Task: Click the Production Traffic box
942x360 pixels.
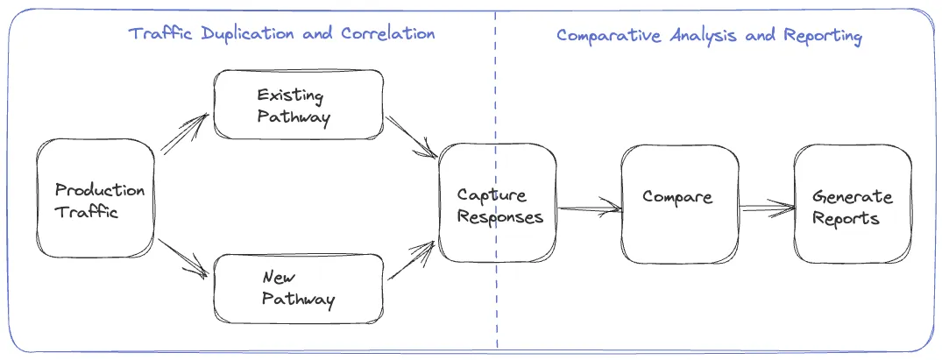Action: pyautogui.click(x=96, y=198)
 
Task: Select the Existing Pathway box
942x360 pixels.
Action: pyautogui.click(x=299, y=104)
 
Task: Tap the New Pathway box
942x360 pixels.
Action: pyautogui.click(x=299, y=288)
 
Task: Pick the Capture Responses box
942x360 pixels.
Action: pyautogui.click(x=498, y=202)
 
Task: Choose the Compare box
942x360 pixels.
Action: pyautogui.click(x=680, y=204)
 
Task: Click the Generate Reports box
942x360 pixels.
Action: pyautogui.click(x=853, y=204)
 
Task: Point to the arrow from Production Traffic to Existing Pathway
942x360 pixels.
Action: pyautogui.click(x=184, y=133)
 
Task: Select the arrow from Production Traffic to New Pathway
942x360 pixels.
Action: pyautogui.click(x=183, y=258)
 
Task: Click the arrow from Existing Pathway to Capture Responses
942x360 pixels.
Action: pyautogui.click(x=412, y=137)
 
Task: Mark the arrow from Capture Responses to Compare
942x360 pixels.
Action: pyautogui.click(x=590, y=208)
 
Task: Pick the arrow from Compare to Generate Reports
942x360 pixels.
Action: pyautogui.click(x=768, y=208)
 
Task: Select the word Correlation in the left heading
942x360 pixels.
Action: pyautogui.click(x=387, y=33)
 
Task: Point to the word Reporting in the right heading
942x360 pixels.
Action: pyautogui.click(x=823, y=37)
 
